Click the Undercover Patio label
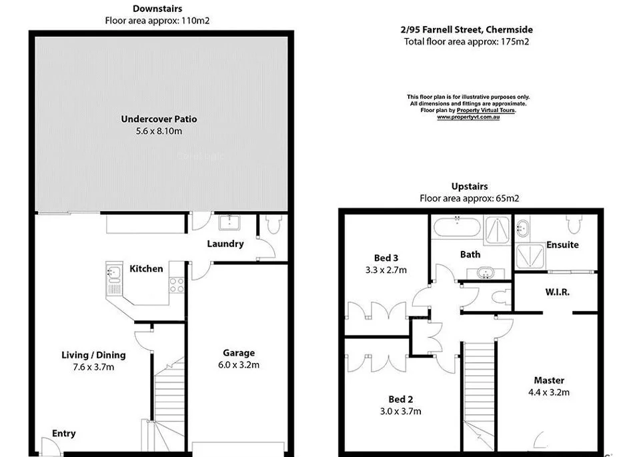tap(159, 119)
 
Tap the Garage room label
tap(238, 353)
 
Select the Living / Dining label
tap(93, 355)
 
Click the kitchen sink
tap(113, 272)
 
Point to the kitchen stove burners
tap(177, 285)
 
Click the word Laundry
tap(225, 244)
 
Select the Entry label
tap(64, 434)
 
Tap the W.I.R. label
tap(558, 292)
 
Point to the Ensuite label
tap(562, 245)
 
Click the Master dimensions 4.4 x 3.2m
tap(549, 392)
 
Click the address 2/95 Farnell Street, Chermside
tap(466, 29)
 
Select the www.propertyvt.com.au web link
tap(468, 117)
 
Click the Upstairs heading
tap(469, 186)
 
